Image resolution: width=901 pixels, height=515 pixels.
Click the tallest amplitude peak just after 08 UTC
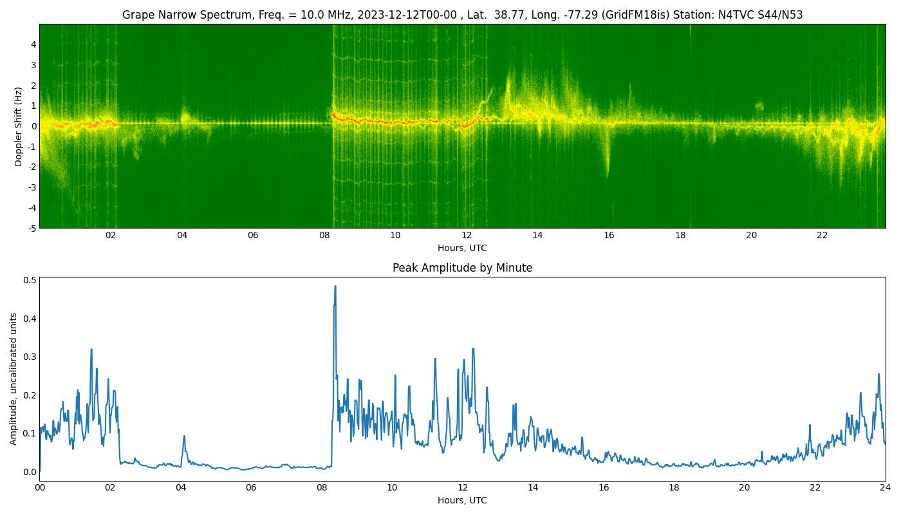coord(335,286)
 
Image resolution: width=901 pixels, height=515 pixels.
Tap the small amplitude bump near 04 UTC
coord(184,437)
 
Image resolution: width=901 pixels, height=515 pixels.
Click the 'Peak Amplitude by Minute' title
coord(462,268)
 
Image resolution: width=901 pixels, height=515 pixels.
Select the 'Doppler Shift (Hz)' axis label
coord(18,126)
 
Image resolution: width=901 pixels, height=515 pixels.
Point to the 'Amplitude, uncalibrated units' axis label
coord(13,379)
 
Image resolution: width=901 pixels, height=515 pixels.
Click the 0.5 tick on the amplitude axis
coord(31,280)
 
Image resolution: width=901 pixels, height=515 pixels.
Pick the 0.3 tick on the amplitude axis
coord(31,357)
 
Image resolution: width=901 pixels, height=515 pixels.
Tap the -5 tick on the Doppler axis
coord(32,229)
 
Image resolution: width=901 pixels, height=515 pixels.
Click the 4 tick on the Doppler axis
coord(33,44)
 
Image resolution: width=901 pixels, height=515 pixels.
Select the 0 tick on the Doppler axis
coord(33,126)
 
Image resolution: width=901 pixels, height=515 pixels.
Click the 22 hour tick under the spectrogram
coord(822,236)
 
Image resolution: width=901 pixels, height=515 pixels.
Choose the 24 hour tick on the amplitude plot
coord(886,488)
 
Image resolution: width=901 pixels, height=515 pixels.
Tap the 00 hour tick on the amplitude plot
coord(39,488)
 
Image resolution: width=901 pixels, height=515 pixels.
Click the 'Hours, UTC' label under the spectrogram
coord(462,248)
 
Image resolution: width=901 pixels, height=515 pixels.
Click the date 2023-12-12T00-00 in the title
coord(407,15)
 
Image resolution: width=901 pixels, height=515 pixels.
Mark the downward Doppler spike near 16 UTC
coord(608,161)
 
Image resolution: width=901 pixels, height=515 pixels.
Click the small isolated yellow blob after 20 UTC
coord(759,106)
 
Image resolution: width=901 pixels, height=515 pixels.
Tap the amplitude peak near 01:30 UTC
coord(91,350)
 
